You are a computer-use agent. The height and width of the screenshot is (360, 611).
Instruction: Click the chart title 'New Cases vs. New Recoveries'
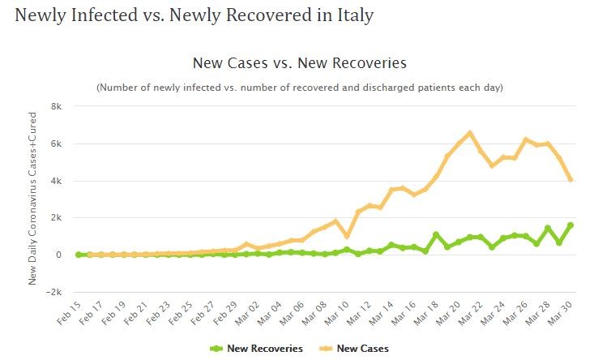[x=299, y=62]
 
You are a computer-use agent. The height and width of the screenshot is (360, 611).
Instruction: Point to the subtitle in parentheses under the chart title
[x=300, y=87]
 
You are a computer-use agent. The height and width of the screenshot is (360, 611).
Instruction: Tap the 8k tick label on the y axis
[x=57, y=106]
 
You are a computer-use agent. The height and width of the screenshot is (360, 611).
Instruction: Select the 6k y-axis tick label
[x=57, y=144]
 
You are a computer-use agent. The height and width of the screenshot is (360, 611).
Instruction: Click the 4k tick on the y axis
[x=57, y=181]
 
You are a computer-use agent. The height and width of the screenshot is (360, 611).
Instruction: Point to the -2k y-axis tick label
[x=54, y=292]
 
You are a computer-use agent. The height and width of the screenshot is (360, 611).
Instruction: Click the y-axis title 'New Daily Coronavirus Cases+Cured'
[x=33, y=199]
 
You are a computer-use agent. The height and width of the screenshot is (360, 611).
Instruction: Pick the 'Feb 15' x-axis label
[x=70, y=314]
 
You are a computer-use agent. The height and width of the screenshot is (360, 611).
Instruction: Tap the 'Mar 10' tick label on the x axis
[x=340, y=314]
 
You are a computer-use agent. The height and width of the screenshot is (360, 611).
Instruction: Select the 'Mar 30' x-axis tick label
[x=563, y=314]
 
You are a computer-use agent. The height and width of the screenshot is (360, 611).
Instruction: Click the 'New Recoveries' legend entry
[x=257, y=349]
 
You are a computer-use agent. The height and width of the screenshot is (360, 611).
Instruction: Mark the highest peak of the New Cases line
[x=470, y=133]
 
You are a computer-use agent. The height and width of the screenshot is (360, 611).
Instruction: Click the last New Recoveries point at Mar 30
[x=571, y=225]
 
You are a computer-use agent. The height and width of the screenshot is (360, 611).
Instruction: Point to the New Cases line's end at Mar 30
[x=571, y=179]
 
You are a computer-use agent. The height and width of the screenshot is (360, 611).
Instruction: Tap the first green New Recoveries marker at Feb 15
[x=79, y=255]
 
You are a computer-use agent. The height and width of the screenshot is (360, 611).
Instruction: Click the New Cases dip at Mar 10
[x=347, y=236]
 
